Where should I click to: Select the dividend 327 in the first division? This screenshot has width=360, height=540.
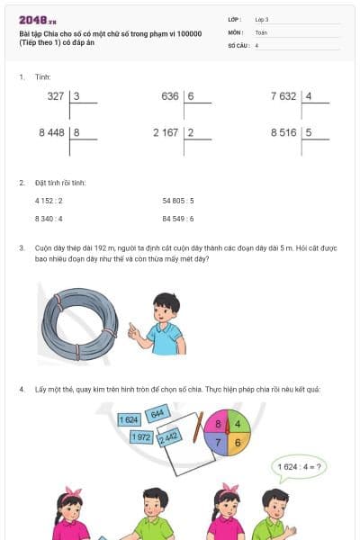[55, 95]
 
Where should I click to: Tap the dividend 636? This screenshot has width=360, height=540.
[169, 95]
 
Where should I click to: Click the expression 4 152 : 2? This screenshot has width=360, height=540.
[49, 201]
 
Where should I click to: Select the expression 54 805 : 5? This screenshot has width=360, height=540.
[178, 201]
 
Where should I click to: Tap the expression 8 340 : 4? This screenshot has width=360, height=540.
[49, 218]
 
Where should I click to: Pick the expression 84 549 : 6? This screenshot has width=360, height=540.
[178, 218]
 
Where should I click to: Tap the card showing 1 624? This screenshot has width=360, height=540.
[129, 419]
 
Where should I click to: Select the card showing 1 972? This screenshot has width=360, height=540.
[141, 436]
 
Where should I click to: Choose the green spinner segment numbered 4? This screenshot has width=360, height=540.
[237, 423]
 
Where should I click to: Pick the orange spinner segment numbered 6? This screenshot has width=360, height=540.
[237, 442]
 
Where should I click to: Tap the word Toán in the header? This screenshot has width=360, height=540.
[261, 31]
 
